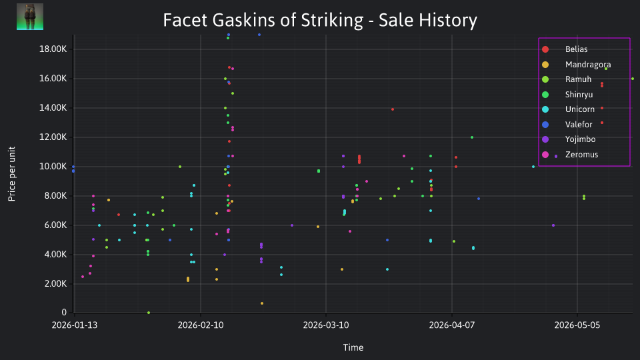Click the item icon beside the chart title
pos(30,17)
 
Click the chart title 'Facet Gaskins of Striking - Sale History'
pos(320,20)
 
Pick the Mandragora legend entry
pos(576,65)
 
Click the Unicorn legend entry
pos(568,109)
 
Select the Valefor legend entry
pos(567,125)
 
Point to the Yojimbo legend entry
pos(568,139)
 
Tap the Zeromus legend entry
pos(569,155)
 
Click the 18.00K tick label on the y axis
pos(53,49)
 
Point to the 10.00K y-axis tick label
pos(53,167)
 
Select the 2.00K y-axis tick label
pos(55,284)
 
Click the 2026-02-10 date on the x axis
pos(201,325)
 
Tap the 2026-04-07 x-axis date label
pos(452,325)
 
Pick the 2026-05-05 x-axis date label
pos(577,325)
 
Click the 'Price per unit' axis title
pos(12,174)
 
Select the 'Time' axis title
pos(353,347)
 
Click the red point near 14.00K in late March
pos(393,109)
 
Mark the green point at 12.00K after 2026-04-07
pos(472,137)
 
